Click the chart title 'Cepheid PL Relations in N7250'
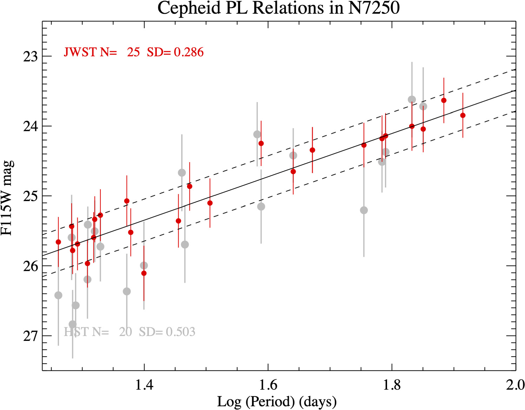pos(278,8)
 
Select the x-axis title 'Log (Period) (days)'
pos(277,402)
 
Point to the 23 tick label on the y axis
pos(30,57)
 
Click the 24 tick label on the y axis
pos(30,126)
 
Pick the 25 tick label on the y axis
pos(30,196)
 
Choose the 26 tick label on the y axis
pos(30,266)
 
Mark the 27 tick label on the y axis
pos(30,336)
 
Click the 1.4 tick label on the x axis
pos(144,385)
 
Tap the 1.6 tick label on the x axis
pos(268,385)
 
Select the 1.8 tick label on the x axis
pos(392,385)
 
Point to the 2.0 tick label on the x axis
pos(515,385)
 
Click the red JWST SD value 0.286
pos(189,52)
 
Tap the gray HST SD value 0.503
pos(180,332)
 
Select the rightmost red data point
pos(463,115)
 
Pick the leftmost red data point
pos(58,242)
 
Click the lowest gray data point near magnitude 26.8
pos(73,324)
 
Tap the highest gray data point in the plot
pos(412,100)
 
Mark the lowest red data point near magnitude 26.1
pos(144,273)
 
